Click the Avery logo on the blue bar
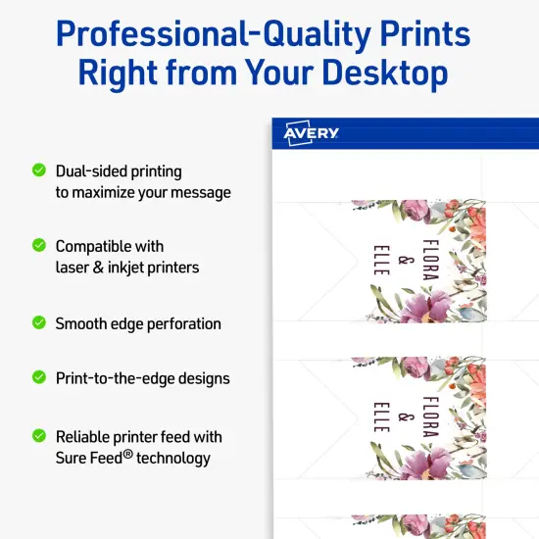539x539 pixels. point(312,133)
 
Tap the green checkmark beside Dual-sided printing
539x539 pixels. point(39,171)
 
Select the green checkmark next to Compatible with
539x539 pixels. point(39,245)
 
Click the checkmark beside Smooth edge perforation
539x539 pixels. point(39,322)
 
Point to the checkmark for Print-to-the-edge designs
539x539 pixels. point(39,376)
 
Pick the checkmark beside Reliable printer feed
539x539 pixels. point(39,435)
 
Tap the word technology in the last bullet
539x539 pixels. point(171,458)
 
